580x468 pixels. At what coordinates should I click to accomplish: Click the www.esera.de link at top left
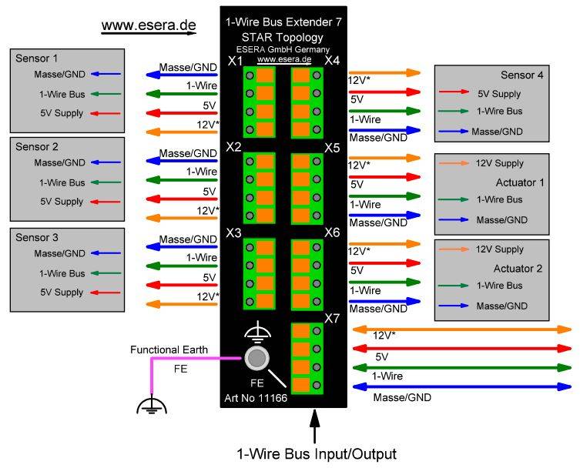[149, 25]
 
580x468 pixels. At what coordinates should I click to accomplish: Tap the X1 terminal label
[235, 61]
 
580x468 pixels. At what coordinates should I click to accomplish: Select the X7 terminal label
[332, 318]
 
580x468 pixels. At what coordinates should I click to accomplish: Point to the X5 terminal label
[332, 146]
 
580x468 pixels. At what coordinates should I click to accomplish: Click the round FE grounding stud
[257, 358]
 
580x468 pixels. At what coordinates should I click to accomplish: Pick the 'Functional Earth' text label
[169, 349]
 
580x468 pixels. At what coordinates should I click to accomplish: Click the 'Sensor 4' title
[522, 75]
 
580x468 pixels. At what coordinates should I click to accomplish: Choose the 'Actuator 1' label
[519, 182]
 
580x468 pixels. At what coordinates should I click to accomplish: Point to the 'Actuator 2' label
[519, 269]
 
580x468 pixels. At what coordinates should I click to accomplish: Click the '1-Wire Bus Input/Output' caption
[316, 453]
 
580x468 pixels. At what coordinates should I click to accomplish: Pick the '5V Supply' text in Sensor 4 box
[500, 95]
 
